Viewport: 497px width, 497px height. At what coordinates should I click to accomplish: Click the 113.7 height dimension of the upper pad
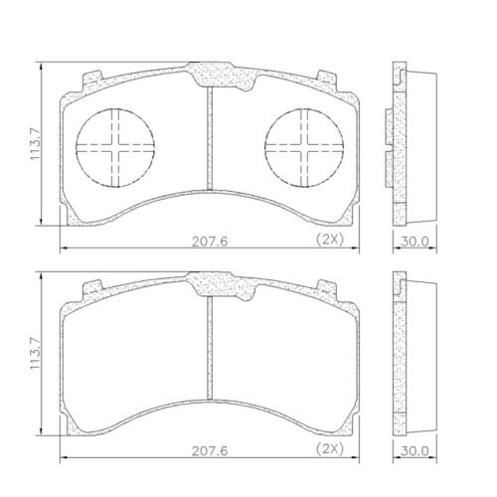35,144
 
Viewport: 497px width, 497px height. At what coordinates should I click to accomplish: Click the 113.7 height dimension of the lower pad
35,354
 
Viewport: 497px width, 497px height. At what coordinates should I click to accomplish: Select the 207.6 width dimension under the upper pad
210,242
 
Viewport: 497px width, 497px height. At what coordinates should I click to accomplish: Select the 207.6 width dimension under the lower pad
210,451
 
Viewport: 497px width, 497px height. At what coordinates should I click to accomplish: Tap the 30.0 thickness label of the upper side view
414,242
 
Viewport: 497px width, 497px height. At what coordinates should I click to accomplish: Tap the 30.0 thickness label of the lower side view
414,451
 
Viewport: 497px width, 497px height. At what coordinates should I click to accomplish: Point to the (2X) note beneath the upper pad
330,240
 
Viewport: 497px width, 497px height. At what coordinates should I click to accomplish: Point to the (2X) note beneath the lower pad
330,449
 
